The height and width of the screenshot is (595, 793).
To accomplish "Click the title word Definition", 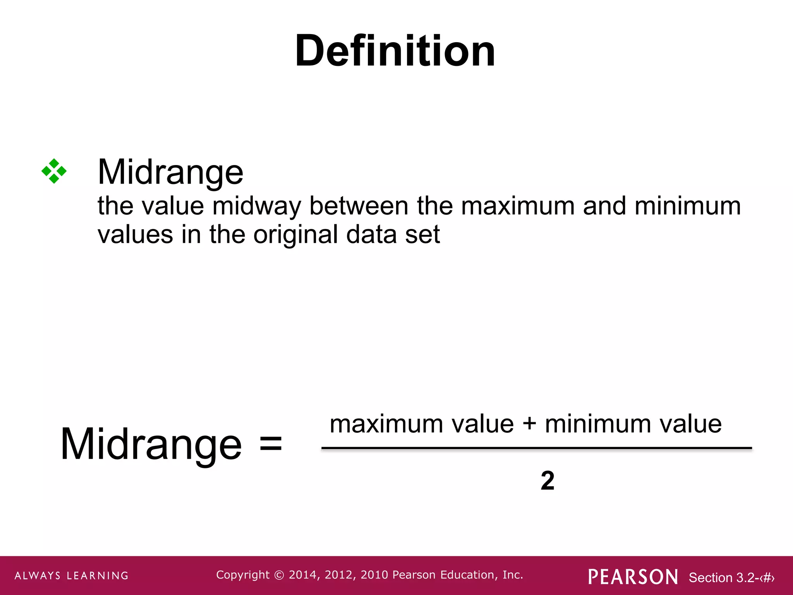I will [x=395, y=51].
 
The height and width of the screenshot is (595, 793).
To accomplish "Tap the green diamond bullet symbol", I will [x=54, y=171].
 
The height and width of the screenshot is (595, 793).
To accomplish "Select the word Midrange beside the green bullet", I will [x=170, y=172].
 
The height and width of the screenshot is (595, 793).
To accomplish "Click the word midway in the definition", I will [x=256, y=206].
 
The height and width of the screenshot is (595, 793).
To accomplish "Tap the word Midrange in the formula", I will [x=151, y=444].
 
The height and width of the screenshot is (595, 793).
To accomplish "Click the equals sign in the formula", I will [x=271, y=444].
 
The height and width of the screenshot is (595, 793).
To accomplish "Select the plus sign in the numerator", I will [x=529, y=424].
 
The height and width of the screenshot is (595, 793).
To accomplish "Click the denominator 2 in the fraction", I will [x=547, y=481].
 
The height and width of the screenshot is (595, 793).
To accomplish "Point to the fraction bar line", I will [x=536, y=449].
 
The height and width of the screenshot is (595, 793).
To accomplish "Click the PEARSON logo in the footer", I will [x=633, y=577].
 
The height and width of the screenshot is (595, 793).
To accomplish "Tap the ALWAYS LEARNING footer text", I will [x=72, y=576].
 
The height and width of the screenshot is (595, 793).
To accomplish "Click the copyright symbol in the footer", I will [x=279, y=575].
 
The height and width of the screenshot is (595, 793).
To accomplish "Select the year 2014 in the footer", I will [x=303, y=575].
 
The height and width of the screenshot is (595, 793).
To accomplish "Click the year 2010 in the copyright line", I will [x=374, y=575].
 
